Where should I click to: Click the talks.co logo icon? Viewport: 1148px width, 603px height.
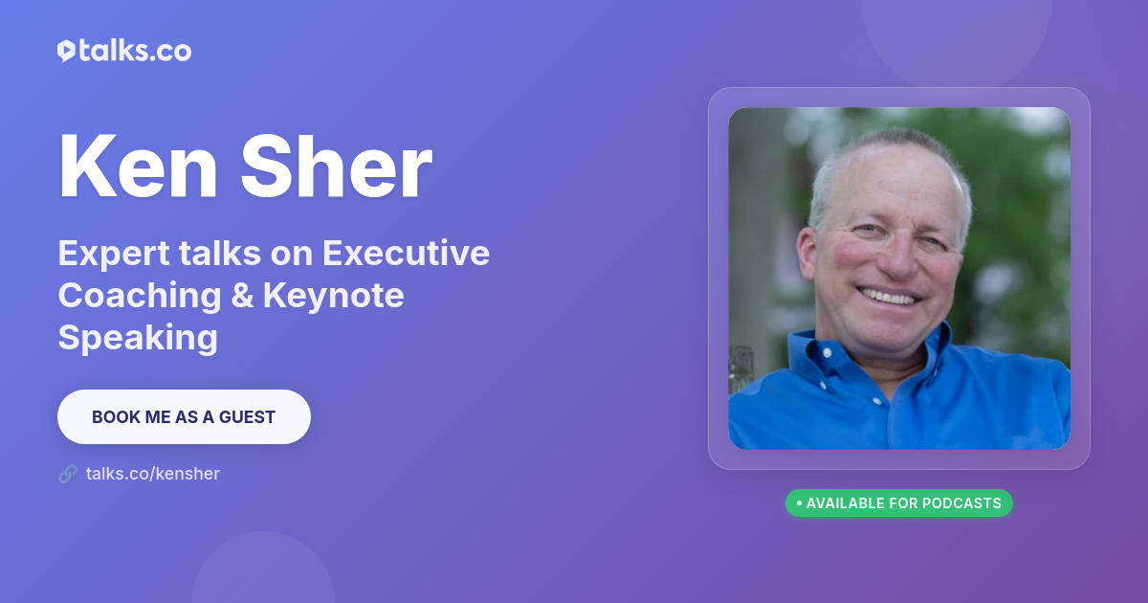tap(67, 51)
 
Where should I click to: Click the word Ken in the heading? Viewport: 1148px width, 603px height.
tap(139, 166)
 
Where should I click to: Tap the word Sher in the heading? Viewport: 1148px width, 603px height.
tap(337, 166)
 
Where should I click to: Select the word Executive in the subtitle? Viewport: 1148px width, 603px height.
tap(406, 253)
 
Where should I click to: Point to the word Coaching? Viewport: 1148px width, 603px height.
tap(140, 296)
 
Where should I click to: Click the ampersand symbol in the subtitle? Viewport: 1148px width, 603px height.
tap(242, 296)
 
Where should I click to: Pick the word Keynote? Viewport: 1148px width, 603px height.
tap(334, 297)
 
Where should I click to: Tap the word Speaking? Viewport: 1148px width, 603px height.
tap(138, 339)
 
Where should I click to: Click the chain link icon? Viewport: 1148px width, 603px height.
tap(68, 474)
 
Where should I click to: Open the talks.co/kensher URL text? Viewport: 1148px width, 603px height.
tap(153, 474)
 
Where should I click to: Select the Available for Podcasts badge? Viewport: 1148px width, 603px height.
tap(899, 503)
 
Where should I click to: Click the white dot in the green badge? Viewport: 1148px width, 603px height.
tap(799, 503)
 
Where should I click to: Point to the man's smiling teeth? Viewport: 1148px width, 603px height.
tap(888, 297)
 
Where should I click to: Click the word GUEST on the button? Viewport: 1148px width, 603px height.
tap(247, 417)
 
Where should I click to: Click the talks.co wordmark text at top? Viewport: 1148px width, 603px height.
tap(135, 51)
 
